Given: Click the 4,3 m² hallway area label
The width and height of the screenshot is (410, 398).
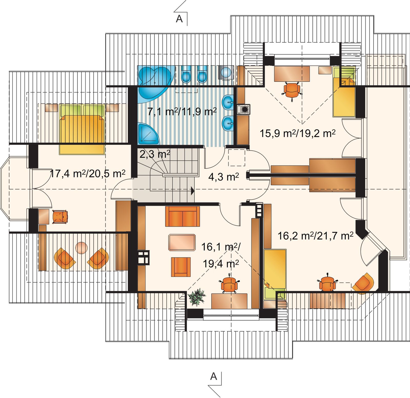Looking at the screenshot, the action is (223, 177).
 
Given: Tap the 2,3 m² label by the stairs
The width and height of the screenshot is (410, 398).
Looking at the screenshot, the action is (155, 154).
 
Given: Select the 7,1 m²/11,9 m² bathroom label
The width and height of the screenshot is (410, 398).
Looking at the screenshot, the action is (182, 112).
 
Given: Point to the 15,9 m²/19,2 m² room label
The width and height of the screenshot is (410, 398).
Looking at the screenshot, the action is (298, 133).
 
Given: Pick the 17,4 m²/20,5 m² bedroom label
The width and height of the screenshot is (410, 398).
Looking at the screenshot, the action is (87, 174).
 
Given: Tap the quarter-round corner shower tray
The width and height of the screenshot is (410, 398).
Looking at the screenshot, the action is (148, 134).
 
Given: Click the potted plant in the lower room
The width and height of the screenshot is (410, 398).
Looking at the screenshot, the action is (197, 297).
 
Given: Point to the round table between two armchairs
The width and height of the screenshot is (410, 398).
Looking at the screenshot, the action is (82, 248).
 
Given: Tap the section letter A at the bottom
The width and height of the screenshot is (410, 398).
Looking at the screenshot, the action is (213, 376).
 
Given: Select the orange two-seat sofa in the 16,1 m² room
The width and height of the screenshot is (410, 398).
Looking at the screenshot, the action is (182, 216).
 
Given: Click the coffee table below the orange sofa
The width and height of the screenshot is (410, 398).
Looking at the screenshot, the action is (182, 242).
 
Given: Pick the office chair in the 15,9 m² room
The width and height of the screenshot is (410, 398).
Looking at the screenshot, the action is (292, 90).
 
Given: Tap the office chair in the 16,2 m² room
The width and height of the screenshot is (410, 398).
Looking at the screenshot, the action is (327, 283).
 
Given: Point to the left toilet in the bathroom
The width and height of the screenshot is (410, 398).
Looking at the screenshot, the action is (186, 74).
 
